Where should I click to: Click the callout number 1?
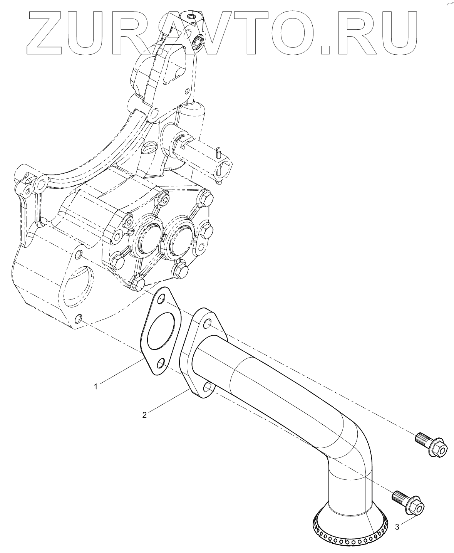point(97,385)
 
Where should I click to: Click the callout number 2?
point(144,415)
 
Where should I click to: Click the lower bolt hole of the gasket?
point(161,362)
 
